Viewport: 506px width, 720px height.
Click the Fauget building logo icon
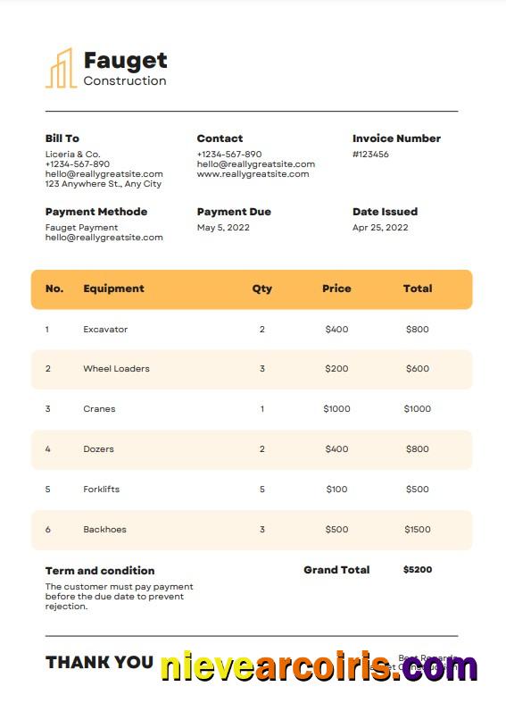pos(61,69)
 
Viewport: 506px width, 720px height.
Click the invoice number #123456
pos(370,155)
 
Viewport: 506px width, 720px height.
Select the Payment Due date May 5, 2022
pos(223,228)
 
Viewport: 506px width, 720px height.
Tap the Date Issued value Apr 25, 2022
pos(380,228)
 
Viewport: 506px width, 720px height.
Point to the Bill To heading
pos(62,138)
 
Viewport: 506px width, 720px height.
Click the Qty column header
pos(262,289)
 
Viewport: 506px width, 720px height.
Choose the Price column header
pos(336,289)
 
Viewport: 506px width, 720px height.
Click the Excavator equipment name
pos(105,330)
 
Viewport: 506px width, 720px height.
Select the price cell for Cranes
pos(336,409)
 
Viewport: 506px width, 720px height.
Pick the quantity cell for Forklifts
pos(262,490)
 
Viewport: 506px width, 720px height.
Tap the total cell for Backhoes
pos(417,530)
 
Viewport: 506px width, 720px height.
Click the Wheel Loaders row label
pos(116,369)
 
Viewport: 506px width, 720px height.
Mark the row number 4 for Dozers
pos(48,449)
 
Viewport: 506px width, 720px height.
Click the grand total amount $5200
pos(417,570)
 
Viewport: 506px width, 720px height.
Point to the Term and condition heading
pos(100,571)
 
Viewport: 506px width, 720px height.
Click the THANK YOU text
pos(99,662)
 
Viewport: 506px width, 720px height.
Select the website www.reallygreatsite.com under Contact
pos(253,174)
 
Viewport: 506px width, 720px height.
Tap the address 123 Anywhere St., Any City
pos(104,184)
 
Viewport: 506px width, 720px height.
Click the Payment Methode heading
pos(96,212)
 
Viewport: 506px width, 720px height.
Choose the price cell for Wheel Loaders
pos(336,369)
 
